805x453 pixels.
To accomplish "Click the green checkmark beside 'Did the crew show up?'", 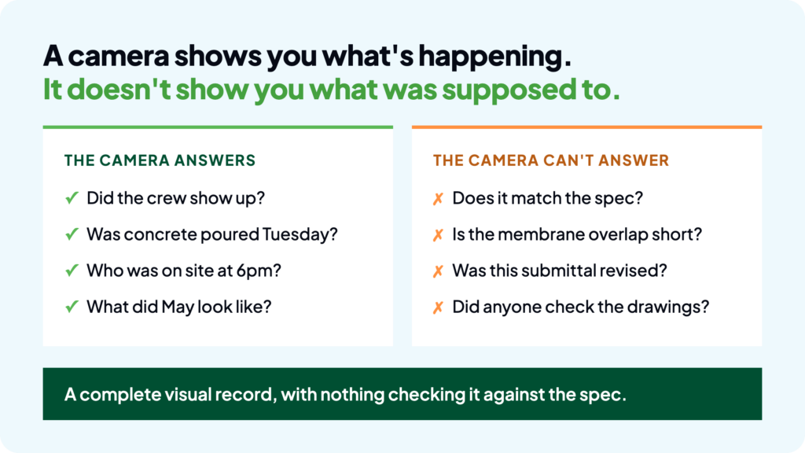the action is coord(72,197).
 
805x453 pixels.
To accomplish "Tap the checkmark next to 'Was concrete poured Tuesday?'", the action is coord(72,234).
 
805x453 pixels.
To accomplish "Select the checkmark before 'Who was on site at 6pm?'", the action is coord(72,271).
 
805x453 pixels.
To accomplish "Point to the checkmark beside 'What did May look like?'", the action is coord(72,307).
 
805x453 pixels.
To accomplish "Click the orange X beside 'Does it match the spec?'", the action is coord(438,198).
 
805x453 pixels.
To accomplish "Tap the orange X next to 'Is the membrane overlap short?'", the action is coord(438,234).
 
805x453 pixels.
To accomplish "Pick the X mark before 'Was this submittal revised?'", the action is coord(438,271).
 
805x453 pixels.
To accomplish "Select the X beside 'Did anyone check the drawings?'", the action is coord(438,308).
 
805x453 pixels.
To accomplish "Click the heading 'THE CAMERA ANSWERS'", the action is coord(160,160).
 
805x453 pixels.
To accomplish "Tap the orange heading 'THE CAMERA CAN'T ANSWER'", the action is coord(551,160).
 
